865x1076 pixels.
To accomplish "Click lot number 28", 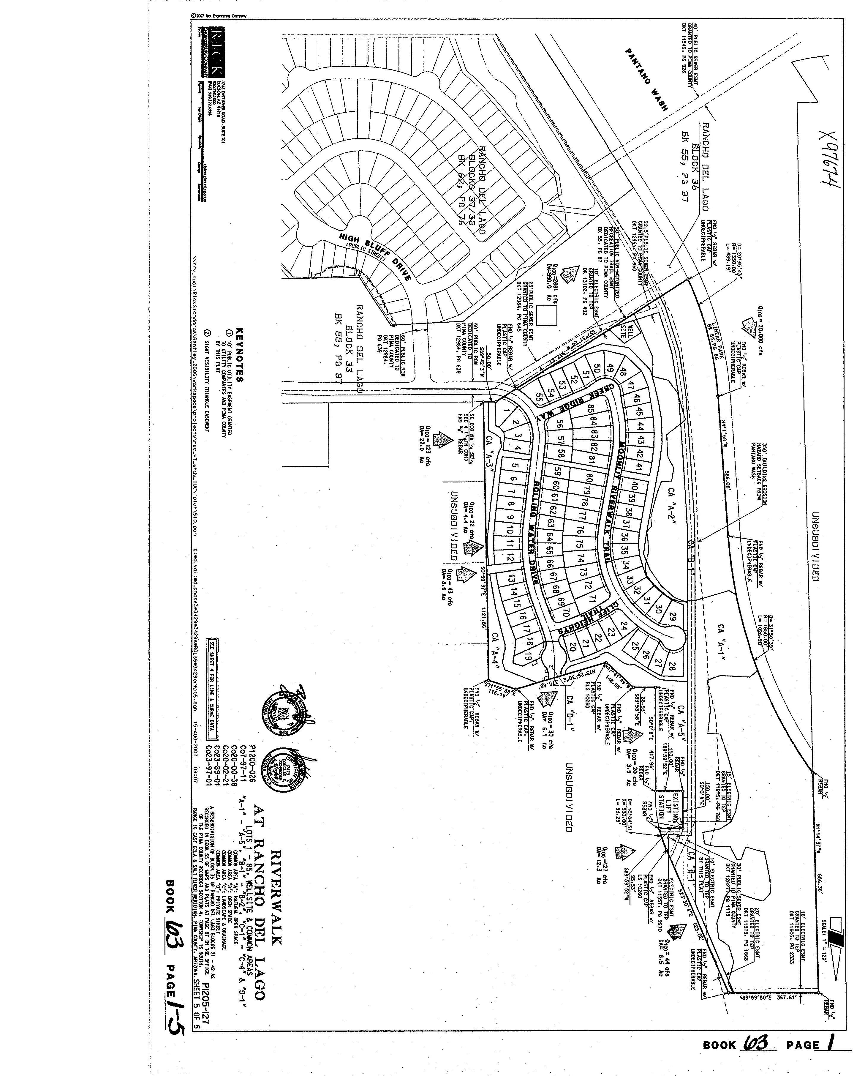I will [671, 667].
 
